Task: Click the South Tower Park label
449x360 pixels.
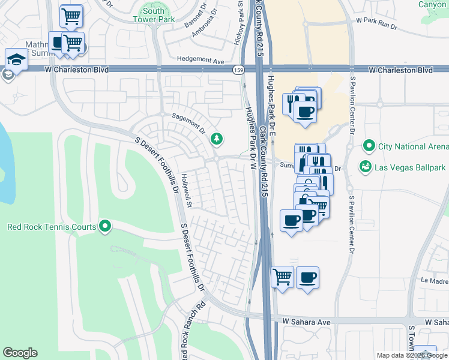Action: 154,15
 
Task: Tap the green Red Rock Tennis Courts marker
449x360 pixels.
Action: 105,226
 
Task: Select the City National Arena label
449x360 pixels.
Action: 412,146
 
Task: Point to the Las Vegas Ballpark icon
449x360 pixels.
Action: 364,166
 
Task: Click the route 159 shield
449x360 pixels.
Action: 238,70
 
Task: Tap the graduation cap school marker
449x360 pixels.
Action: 15,59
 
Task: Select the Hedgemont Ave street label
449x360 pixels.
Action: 200,61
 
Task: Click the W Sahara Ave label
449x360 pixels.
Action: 307,322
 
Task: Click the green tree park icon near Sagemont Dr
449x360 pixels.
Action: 217,139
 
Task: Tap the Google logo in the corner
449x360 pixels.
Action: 20,353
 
